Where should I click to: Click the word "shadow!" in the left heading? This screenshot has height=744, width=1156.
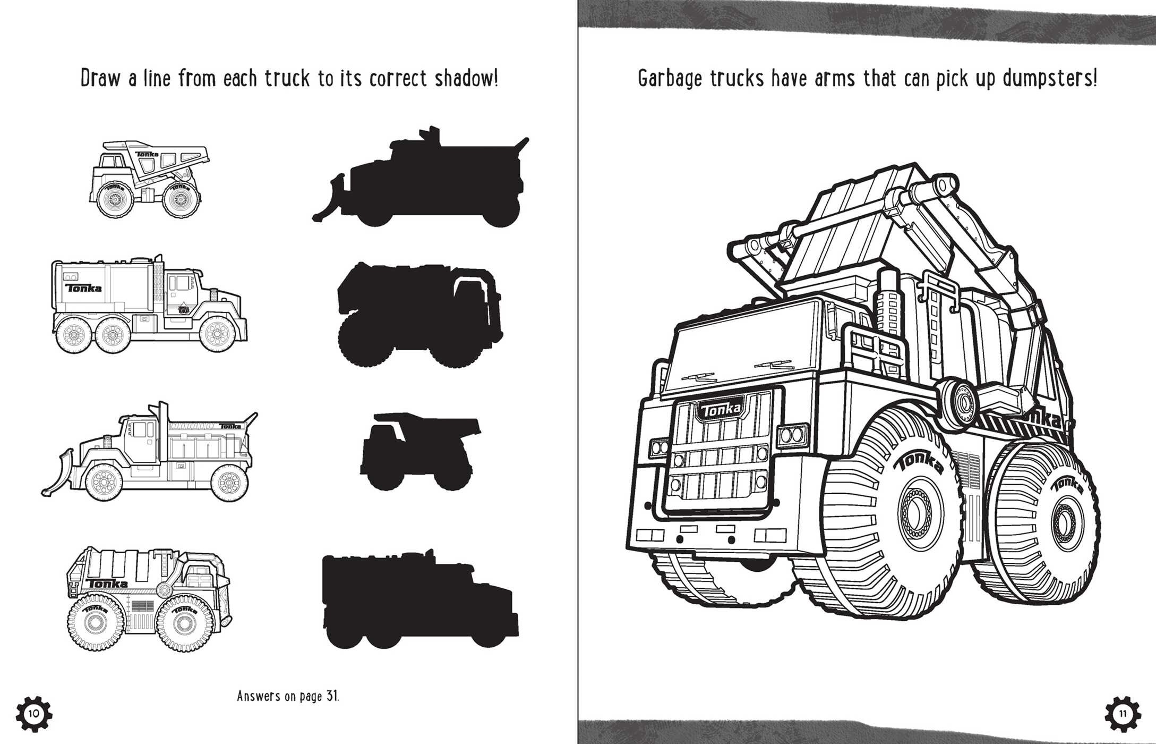(466, 79)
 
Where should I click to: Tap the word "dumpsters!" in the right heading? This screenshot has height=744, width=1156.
(1049, 79)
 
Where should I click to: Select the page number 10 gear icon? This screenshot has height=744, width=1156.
(33, 713)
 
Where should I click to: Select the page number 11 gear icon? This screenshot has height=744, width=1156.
(1123, 713)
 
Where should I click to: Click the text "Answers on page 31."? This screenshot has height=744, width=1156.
(288, 696)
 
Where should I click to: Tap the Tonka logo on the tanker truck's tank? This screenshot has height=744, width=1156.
(83, 288)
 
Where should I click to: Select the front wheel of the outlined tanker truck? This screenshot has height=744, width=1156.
(217, 334)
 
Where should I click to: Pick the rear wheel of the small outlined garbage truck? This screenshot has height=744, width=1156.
(96, 622)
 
